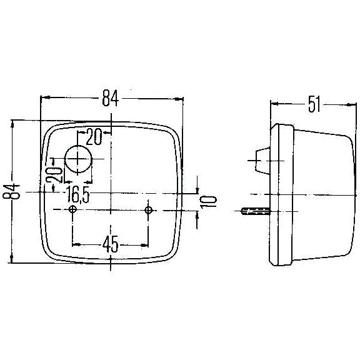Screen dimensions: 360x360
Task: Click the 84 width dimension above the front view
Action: coord(111,98)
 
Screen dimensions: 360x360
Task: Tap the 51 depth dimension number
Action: coord(314,104)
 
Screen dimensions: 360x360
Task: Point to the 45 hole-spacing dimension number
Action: coord(110,244)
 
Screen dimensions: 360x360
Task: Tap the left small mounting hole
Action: coord(73,210)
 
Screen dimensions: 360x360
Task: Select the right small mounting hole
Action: coord(148,210)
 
